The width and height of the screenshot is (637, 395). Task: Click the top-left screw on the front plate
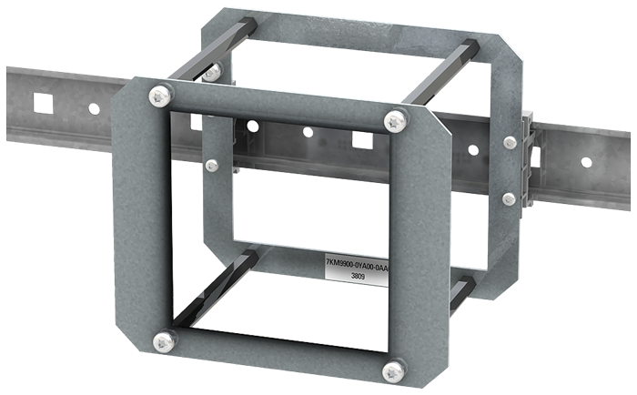159,96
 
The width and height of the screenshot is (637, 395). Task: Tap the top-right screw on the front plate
395,121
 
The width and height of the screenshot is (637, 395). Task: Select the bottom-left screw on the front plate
164,342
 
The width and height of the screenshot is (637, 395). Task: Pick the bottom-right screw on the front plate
394,371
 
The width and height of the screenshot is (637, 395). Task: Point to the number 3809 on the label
358,277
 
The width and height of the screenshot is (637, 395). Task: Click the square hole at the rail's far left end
44,103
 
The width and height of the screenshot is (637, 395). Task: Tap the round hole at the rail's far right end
586,163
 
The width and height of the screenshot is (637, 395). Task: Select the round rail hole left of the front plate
94,109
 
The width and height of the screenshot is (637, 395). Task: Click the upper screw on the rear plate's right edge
510,142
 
